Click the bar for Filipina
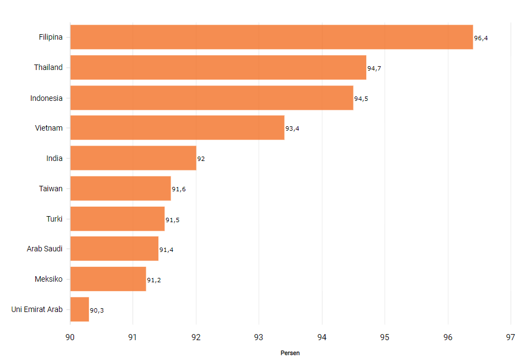pyautogui.click(x=271, y=37)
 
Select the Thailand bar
pyautogui.click(x=218, y=67)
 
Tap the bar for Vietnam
pyautogui.click(x=177, y=127)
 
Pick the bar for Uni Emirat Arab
pyautogui.click(x=79, y=309)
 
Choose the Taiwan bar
pyautogui.click(x=120, y=188)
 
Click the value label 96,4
pyautogui.click(x=481, y=38)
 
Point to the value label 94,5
pyautogui.click(x=361, y=99)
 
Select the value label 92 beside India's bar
pyautogui.click(x=201, y=159)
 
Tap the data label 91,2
pyautogui.click(x=154, y=280)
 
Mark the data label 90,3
pyautogui.click(x=97, y=310)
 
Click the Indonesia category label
pyautogui.click(x=46, y=98)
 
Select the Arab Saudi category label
pyautogui.click(x=45, y=249)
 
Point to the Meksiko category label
pyautogui.click(x=49, y=279)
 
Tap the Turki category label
pyautogui.click(x=55, y=219)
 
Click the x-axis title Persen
pyautogui.click(x=290, y=353)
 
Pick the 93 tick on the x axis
pyautogui.click(x=259, y=337)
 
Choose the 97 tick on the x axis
pyautogui.click(x=510, y=337)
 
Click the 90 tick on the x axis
pyautogui.click(x=70, y=337)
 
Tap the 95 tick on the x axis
pyautogui.click(x=384, y=337)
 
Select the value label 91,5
pyautogui.click(x=172, y=220)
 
